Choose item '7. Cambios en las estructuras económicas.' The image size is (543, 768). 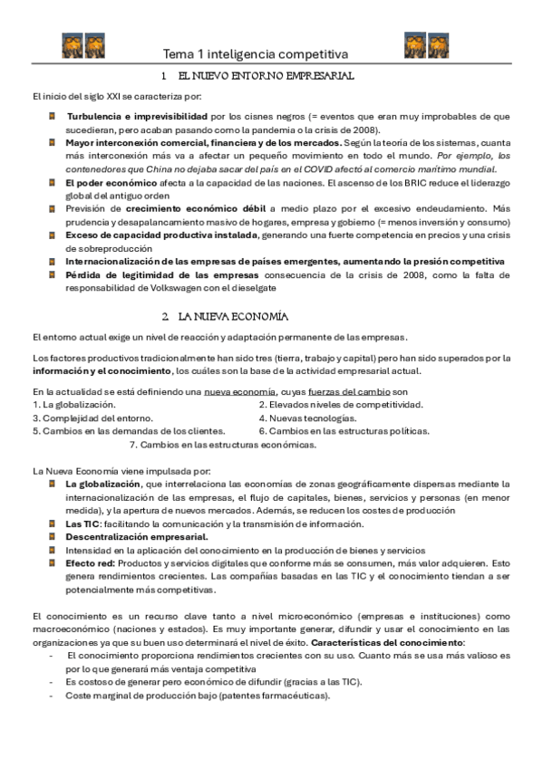[x=223, y=445]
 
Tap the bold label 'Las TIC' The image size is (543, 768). [x=82, y=524]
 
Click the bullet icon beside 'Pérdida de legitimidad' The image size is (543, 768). [x=53, y=274]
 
